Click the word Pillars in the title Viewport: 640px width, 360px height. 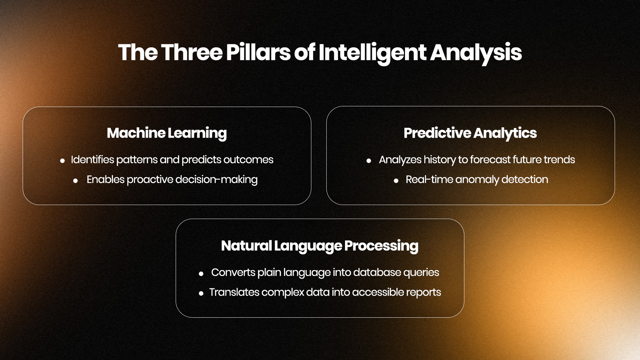(258, 52)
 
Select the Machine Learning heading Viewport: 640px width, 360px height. (167, 133)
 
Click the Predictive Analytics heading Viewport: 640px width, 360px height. (470, 133)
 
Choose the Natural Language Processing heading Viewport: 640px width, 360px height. (320, 246)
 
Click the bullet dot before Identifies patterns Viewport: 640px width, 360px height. (62, 161)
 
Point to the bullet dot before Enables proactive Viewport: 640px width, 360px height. (76, 181)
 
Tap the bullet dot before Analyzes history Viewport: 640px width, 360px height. (369, 161)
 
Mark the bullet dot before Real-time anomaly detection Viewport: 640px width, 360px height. (396, 181)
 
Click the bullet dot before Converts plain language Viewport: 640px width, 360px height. (201, 274)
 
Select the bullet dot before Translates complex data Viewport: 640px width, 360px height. (201, 293)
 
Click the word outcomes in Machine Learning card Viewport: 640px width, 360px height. (248, 160)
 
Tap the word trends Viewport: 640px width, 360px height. (559, 160)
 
